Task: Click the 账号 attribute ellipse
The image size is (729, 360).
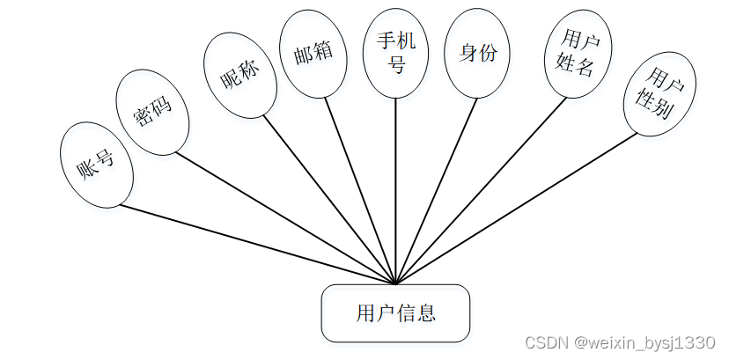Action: point(97,165)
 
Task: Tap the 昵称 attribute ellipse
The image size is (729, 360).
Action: point(239,76)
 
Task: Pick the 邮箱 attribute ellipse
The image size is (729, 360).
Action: point(312,56)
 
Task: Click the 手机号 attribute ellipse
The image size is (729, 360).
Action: point(395,54)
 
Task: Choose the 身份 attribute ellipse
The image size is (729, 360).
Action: point(478,55)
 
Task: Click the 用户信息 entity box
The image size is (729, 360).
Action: point(395,313)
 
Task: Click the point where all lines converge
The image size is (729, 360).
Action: point(395,283)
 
